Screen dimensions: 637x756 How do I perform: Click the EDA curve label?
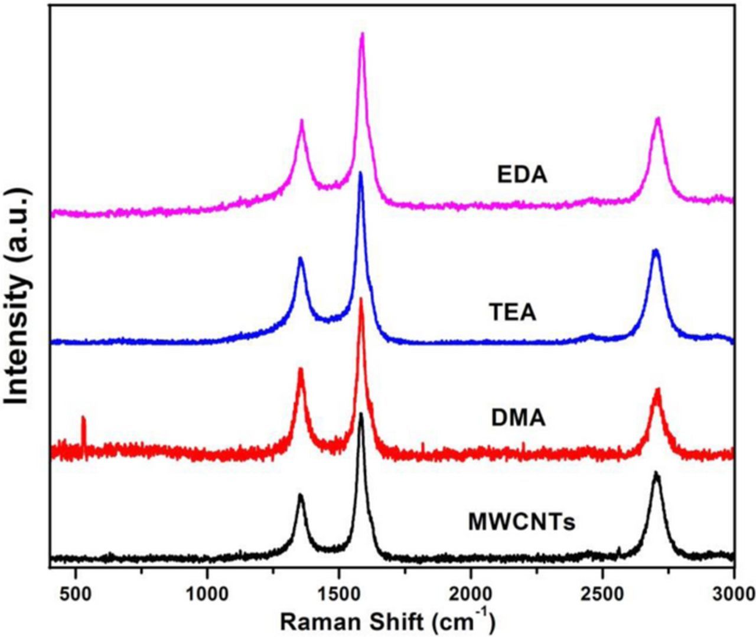click(522, 175)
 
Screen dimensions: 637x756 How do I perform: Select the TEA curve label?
click(513, 312)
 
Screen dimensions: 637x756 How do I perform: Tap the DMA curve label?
click(518, 418)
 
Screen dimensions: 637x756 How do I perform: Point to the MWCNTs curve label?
click(522, 522)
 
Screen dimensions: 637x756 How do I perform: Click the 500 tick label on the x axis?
click(76, 593)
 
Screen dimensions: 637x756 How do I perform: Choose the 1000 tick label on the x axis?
click(207, 593)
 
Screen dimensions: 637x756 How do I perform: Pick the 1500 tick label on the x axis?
click(339, 593)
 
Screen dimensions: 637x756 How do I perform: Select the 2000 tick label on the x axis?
click(471, 593)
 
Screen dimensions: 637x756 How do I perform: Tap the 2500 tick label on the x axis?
click(602, 593)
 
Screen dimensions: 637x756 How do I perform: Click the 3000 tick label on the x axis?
click(732, 593)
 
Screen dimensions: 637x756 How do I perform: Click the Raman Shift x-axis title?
click(387, 620)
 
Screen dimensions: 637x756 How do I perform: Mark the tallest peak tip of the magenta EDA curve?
click(362, 34)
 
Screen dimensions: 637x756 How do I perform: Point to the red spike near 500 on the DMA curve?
click(83, 418)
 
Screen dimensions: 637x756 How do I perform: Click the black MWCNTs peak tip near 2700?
click(656, 473)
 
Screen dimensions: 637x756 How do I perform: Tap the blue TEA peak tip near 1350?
click(300, 258)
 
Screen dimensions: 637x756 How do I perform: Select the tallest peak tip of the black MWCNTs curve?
click(361, 413)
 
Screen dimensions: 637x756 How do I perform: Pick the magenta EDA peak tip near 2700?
click(657, 118)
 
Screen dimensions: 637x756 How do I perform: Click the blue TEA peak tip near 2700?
click(655, 250)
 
